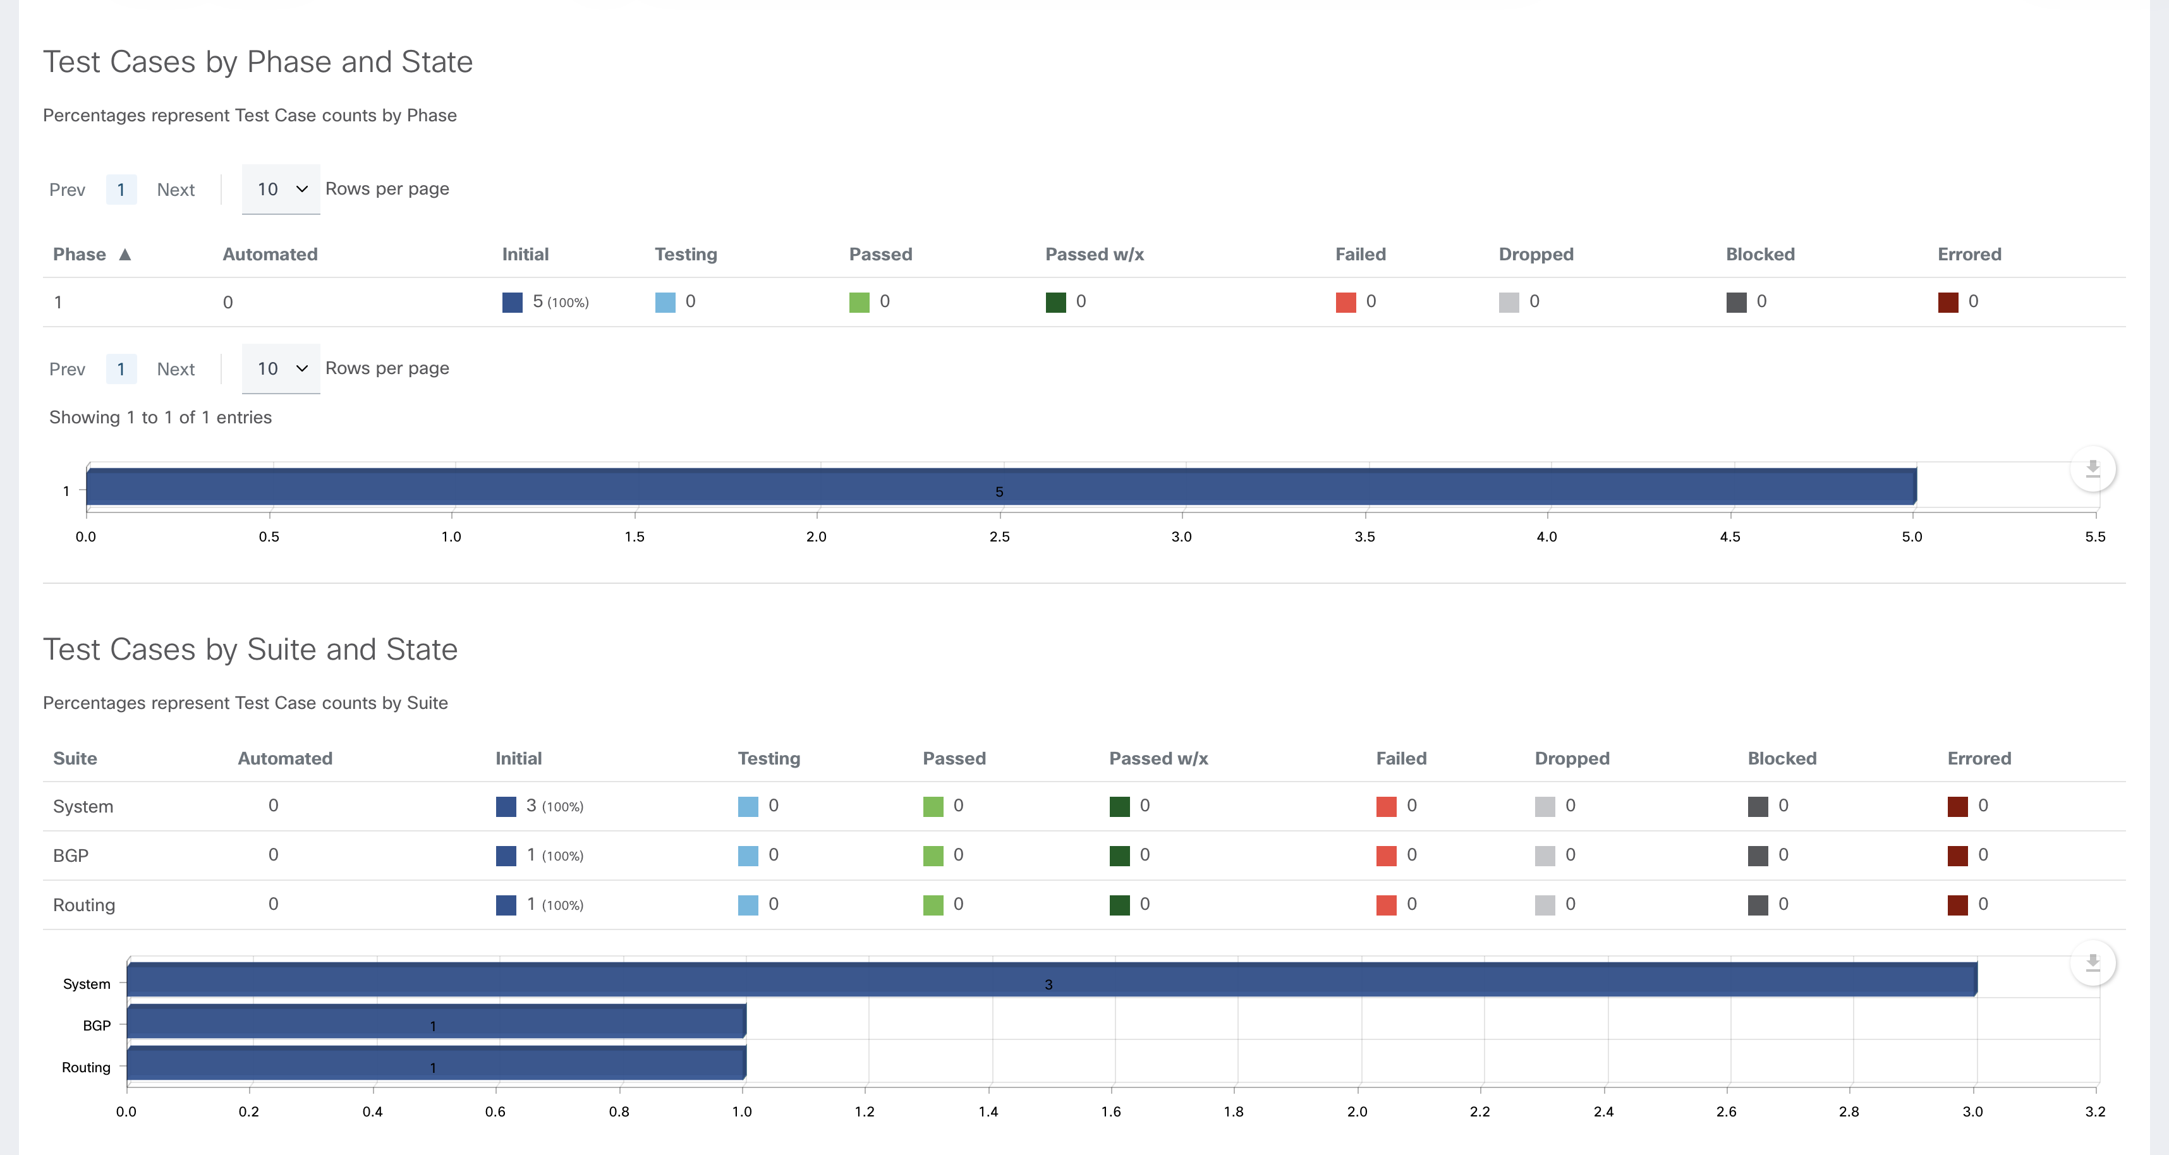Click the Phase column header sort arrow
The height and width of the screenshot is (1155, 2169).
coord(125,254)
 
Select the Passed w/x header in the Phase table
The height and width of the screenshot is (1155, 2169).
coord(1094,254)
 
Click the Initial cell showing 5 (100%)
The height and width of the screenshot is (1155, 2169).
coord(545,301)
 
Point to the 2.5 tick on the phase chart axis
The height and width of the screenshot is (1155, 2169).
coord(999,536)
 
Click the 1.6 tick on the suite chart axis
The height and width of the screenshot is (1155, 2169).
coord(1112,1111)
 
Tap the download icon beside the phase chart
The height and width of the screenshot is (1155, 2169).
coord(2093,469)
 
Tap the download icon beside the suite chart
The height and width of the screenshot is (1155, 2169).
coord(2093,963)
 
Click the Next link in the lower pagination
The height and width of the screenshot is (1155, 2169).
coord(175,369)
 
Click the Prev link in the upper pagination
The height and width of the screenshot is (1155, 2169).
coord(68,190)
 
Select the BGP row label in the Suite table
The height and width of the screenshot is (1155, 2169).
coord(71,856)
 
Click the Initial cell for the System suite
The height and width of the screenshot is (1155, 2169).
coord(540,806)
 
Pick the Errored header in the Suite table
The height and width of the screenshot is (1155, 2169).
coord(1979,758)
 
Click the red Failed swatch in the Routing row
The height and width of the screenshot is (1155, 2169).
coord(1386,905)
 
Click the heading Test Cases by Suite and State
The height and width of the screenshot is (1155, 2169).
coord(250,649)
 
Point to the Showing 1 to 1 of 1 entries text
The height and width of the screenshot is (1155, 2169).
coord(160,418)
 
